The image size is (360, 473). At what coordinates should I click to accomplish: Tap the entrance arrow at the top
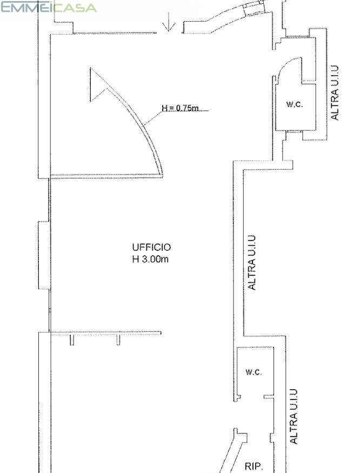click(x=169, y=22)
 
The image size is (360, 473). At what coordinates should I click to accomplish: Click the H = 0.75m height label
click(x=180, y=108)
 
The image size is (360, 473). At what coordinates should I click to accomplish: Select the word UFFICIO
click(x=151, y=248)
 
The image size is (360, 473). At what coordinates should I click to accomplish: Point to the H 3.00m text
click(x=150, y=259)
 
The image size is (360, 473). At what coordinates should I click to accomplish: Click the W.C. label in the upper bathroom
click(x=294, y=104)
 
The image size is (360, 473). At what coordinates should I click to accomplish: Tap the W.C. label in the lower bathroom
click(x=254, y=372)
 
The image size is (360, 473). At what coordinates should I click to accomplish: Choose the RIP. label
click(x=254, y=467)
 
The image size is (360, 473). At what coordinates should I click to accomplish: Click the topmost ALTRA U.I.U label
click(x=335, y=92)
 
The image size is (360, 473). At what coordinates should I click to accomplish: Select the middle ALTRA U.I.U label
click(x=251, y=262)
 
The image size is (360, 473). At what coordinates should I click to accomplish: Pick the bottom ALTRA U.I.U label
click(x=294, y=416)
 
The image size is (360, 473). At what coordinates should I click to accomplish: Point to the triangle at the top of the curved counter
click(x=97, y=84)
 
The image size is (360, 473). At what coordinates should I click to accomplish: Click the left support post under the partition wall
click(x=72, y=339)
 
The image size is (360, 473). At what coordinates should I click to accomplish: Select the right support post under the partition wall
click(x=118, y=339)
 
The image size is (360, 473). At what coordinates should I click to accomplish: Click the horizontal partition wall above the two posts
click(x=105, y=333)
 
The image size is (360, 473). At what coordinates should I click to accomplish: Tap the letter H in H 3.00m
click(x=136, y=259)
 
